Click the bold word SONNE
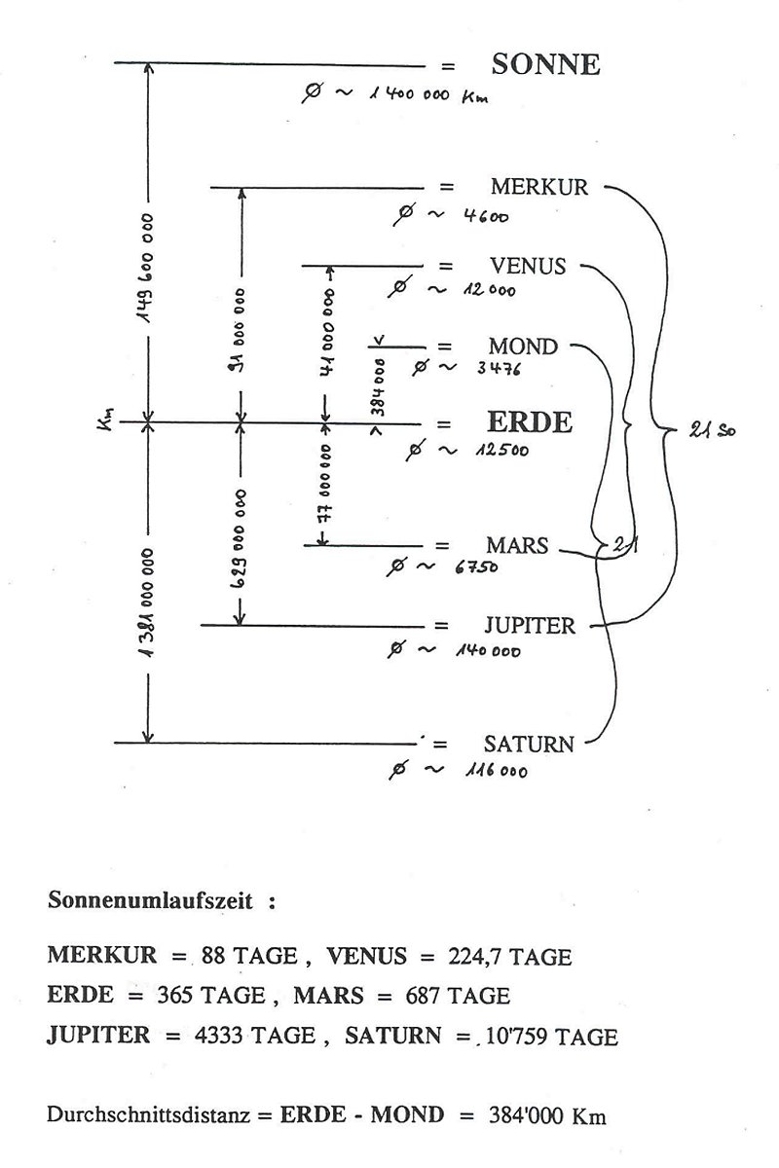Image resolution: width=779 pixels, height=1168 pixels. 545,65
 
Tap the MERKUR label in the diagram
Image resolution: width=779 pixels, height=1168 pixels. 539,187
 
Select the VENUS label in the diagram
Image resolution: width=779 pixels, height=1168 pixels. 528,266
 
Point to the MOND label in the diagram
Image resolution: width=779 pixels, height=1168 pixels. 523,347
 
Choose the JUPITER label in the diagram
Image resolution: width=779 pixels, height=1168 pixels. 530,625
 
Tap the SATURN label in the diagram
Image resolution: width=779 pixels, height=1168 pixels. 529,745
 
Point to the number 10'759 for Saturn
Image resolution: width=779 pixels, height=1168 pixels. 517,1037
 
